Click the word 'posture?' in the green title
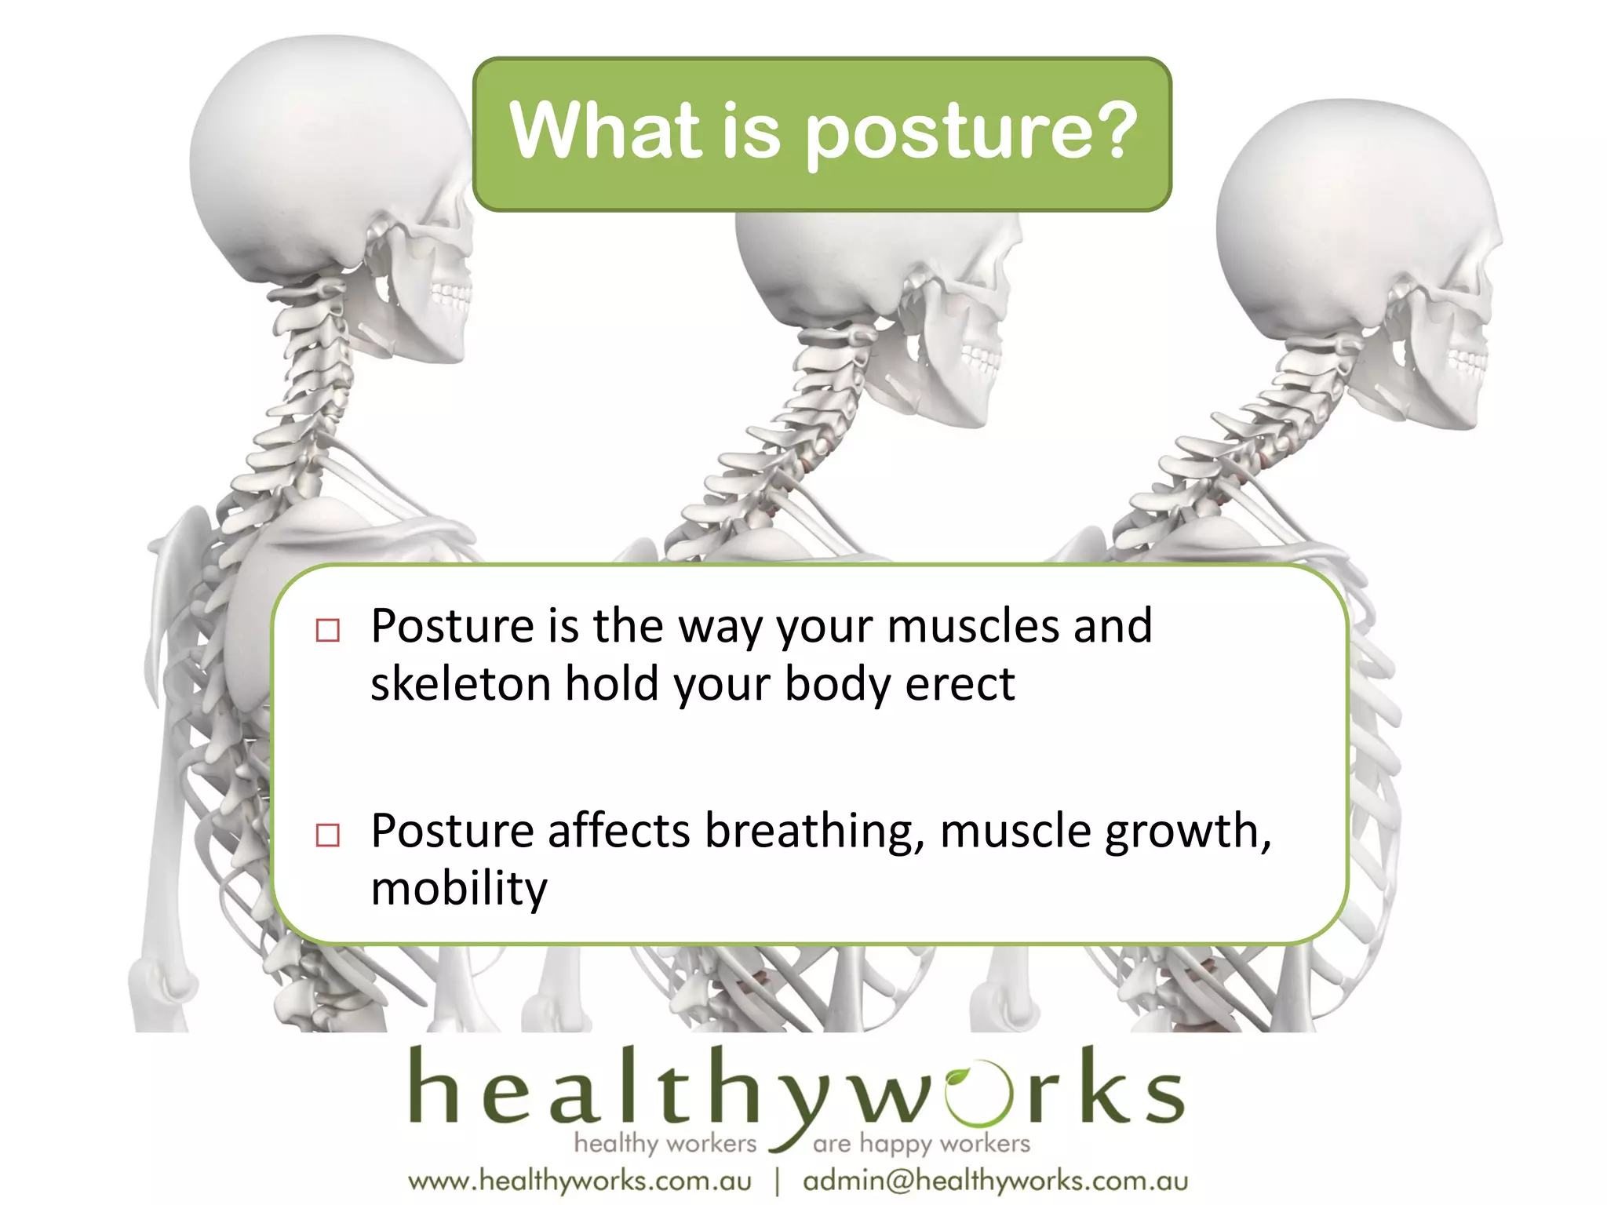971,131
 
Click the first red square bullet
327,631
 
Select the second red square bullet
327,835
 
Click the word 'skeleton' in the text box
461,683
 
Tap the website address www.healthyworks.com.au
580,1181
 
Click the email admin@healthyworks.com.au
995,1181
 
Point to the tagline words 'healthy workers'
665,1143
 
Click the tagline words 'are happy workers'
921,1144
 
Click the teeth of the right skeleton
1466,360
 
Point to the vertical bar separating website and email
777,1181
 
